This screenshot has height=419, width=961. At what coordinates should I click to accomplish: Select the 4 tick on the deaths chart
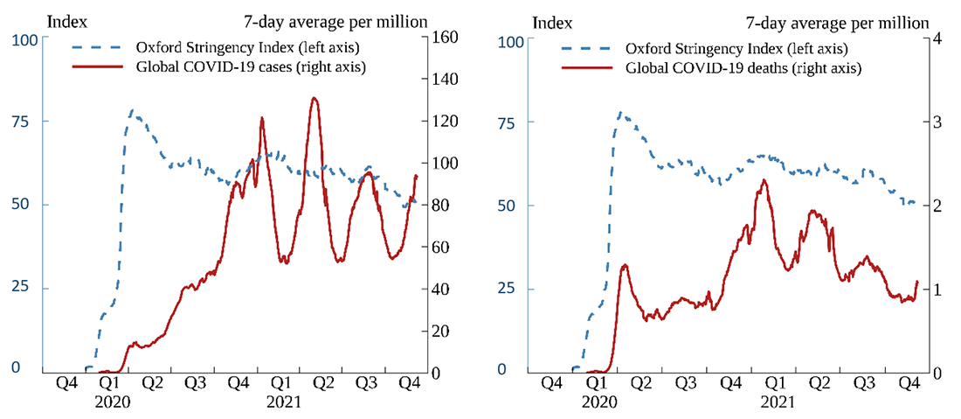pyautogui.click(x=933, y=39)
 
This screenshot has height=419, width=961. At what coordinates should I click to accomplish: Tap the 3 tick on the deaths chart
pyautogui.click(x=933, y=122)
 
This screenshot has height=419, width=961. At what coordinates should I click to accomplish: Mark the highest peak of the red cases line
pyautogui.click(x=315, y=98)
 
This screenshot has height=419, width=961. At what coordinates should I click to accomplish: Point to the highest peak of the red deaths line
pyautogui.click(x=764, y=180)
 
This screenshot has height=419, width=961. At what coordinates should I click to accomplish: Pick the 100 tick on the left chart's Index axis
pyautogui.click(x=25, y=39)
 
